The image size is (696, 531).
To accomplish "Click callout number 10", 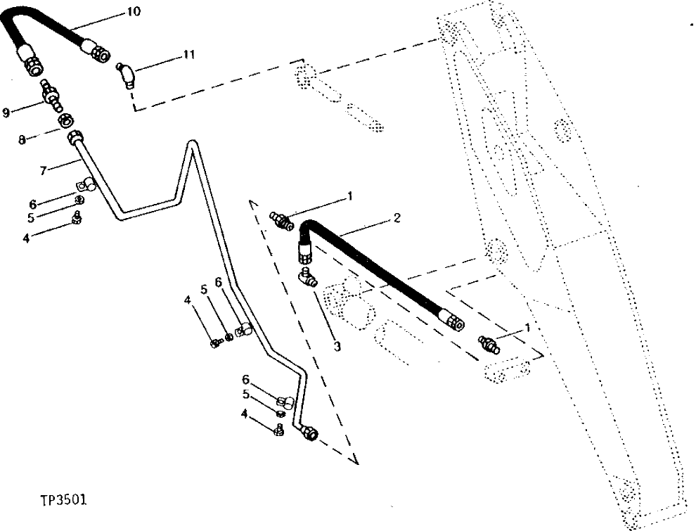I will pos(134,12).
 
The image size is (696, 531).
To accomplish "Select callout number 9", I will pos(6,113).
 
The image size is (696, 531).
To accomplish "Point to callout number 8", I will pos(22,140).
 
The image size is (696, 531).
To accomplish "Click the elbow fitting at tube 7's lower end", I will pos(307,433).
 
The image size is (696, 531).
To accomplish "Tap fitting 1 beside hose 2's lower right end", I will pos(485,344).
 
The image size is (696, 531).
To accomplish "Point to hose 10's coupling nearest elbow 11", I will pos(96,50).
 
